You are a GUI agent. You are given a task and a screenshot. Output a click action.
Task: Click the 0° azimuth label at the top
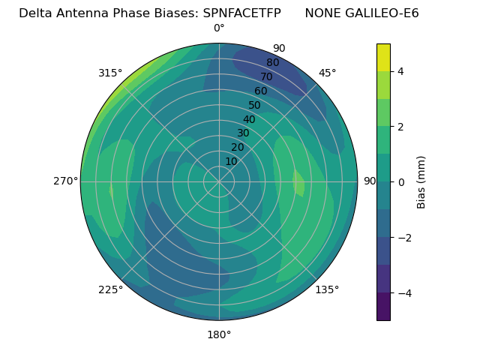[x=219, y=28]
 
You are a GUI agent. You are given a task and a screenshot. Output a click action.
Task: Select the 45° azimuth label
[x=327, y=73]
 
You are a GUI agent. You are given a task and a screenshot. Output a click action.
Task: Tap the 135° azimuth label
[x=327, y=289]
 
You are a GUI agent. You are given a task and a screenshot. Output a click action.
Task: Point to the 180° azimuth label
[x=219, y=334]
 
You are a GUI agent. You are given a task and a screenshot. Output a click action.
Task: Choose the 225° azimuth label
[x=110, y=289]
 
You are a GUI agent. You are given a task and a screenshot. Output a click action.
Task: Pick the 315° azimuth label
[x=110, y=73]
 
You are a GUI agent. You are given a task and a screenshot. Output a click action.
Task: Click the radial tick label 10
[x=231, y=161]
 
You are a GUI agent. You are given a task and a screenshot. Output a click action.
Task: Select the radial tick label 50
[x=254, y=105]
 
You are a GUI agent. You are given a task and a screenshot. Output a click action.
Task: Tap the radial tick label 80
[x=272, y=62]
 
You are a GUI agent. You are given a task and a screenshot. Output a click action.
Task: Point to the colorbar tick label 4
[x=401, y=71]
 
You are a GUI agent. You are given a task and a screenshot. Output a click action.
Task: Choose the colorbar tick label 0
[x=401, y=182]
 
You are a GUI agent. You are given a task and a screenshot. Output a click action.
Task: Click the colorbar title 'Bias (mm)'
[x=421, y=182]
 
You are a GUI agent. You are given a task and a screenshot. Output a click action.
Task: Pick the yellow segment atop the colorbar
[x=383, y=57]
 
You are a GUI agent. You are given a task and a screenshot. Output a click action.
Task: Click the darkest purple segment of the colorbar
[x=383, y=307]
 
